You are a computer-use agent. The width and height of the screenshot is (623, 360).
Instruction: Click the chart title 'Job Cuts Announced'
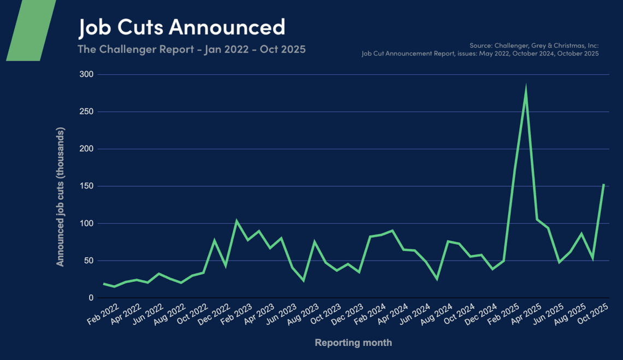[x=181, y=27]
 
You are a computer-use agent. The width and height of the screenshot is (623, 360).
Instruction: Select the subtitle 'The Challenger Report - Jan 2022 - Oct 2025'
[x=191, y=49]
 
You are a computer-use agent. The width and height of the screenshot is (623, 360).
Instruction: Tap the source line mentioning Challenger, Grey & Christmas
[x=534, y=45]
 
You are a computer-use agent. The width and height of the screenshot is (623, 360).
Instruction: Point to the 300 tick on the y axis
[x=86, y=74]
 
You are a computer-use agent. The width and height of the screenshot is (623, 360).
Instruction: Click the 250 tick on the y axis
[x=86, y=111]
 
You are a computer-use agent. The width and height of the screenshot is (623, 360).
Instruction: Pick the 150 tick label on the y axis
[x=86, y=186]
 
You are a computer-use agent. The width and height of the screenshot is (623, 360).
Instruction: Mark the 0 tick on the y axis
[x=91, y=298]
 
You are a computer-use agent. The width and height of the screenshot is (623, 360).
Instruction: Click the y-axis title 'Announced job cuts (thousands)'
[x=60, y=197]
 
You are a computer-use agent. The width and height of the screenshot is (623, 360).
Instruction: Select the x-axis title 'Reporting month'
[x=353, y=343]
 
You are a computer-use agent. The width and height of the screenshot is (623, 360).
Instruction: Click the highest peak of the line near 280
[x=526, y=88]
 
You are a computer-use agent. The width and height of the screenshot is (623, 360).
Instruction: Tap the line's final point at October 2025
[x=604, y=184]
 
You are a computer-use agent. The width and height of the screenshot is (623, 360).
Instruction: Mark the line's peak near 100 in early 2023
[x=236, y=221]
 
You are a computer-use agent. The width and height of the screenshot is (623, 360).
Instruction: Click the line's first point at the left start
[x=103, y=284]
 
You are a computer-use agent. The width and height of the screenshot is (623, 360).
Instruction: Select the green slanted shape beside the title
[x=31, y=30]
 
